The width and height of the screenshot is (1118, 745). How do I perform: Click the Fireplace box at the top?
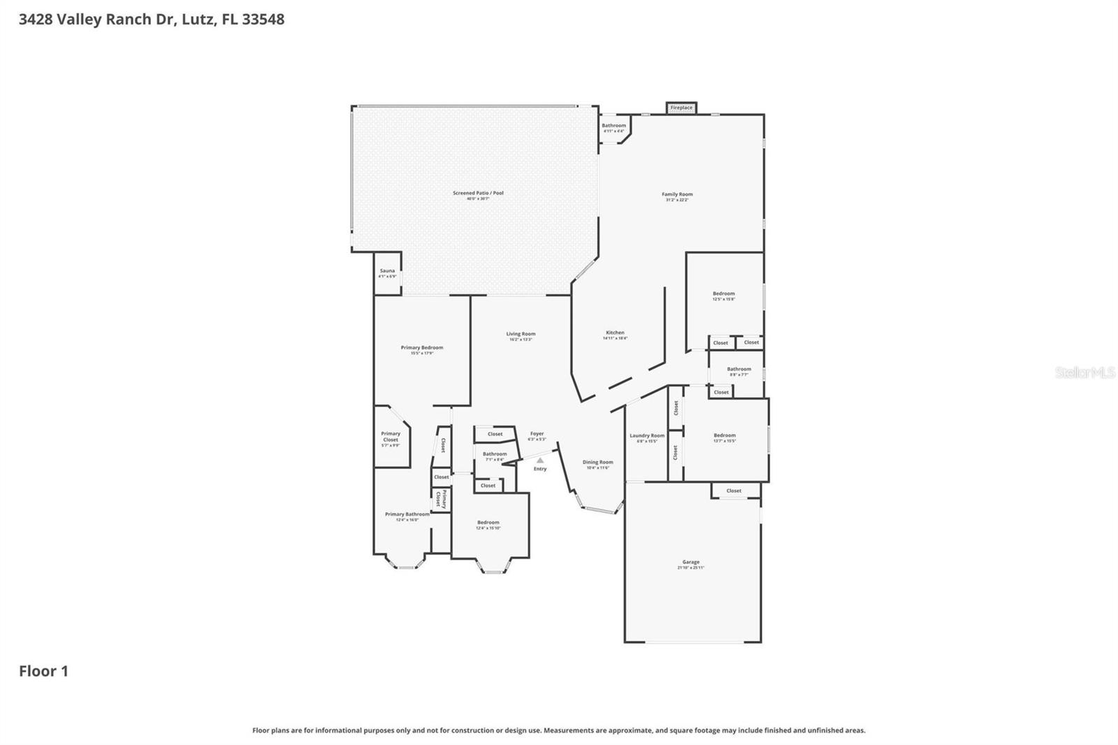click(681, 108)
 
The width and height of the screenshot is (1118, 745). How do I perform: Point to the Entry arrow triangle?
click(540, 461)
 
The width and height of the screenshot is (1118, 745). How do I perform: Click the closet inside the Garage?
click(734, 491)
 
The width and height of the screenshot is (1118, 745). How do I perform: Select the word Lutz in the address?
click(197, 19)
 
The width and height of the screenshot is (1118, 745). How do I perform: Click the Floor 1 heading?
click(43, 671)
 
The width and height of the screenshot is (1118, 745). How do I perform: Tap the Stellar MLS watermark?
click(1084, 372)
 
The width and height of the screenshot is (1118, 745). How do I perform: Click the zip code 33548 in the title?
click(263, 19)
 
